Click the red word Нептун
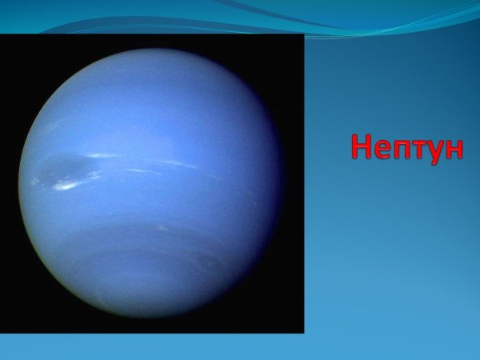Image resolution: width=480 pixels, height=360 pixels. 407,149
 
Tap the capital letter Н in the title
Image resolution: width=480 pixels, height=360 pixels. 362,146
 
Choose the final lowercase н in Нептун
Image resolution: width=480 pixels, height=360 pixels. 454,150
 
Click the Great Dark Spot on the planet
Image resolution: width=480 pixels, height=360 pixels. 66,170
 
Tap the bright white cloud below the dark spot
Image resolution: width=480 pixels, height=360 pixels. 65,186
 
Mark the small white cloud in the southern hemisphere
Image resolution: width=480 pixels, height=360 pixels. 162,227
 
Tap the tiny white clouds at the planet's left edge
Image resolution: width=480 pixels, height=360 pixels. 35,182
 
